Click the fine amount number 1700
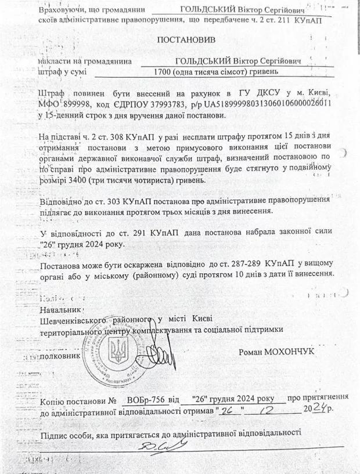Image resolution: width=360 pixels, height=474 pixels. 157,72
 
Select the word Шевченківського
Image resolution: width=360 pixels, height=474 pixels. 71,320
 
